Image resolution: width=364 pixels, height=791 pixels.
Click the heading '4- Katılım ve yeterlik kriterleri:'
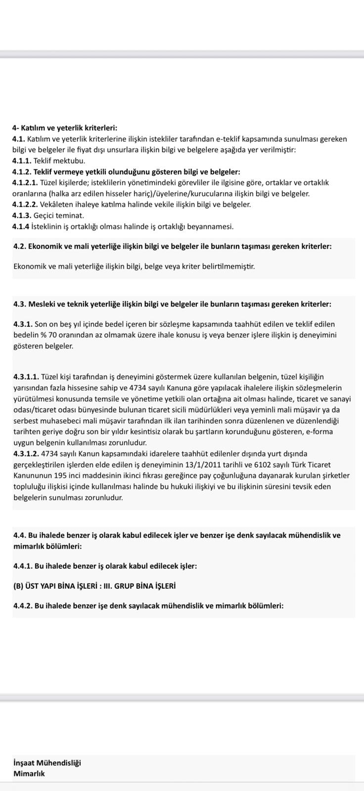click(x=65, y=128)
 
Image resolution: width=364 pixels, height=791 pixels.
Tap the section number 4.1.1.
click(x=22, y=161)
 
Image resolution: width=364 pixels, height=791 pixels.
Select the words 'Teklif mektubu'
click(x=59, y=161)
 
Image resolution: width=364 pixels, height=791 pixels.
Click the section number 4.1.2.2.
click(x=25, y=204)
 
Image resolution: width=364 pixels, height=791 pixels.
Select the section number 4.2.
click(x=20, y=246)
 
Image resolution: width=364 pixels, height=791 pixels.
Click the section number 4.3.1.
click(x=23, y=324)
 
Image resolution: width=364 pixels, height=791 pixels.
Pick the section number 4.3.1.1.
click(x=26, y=377)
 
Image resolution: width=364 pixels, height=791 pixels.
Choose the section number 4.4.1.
click(x=23, y=566)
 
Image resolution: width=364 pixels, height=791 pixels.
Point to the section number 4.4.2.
click(x=23, y=606)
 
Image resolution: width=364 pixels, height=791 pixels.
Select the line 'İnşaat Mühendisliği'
click(x=47, y=763)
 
